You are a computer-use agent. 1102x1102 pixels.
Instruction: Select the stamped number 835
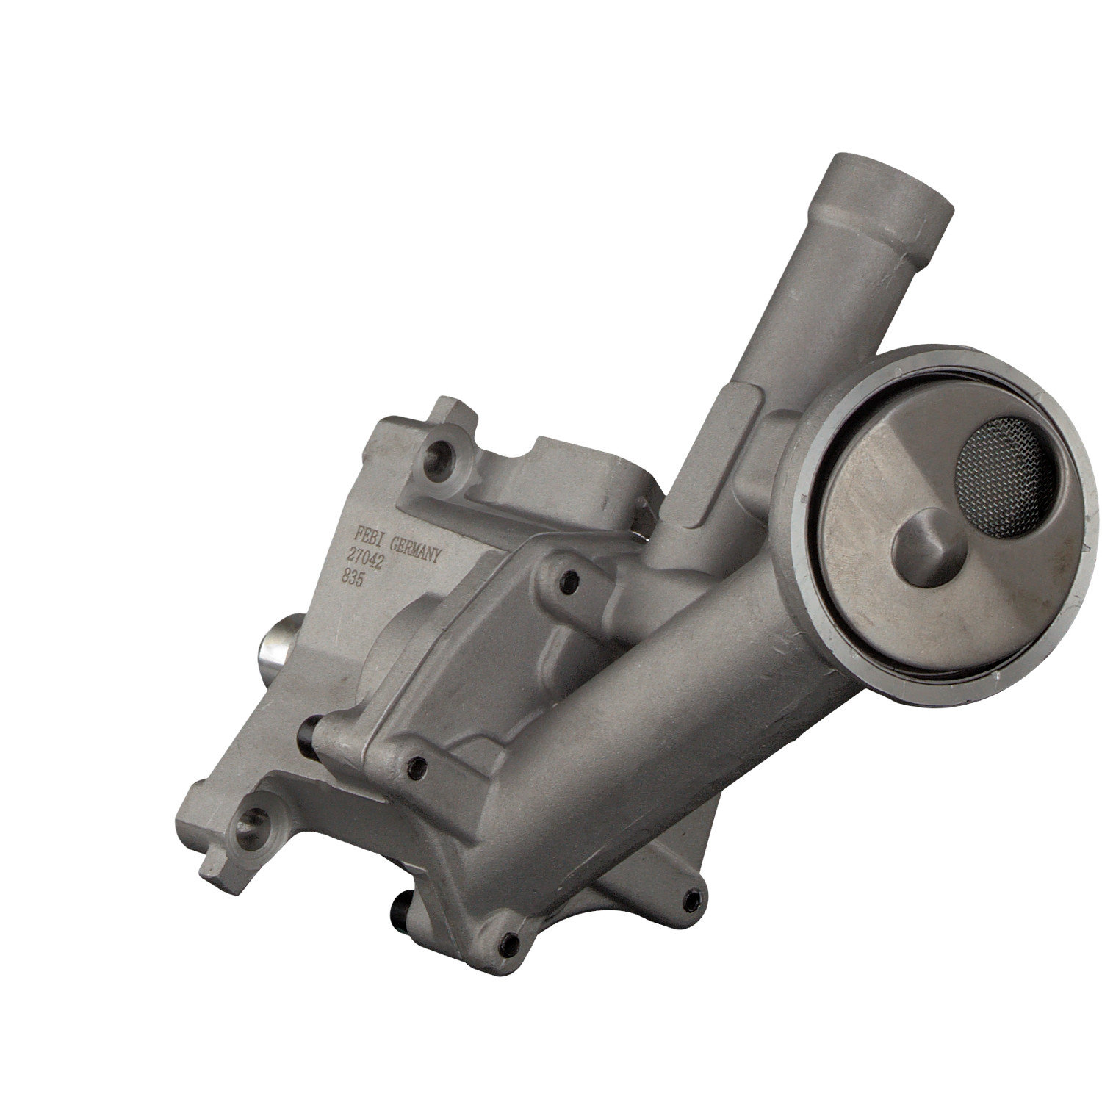354,577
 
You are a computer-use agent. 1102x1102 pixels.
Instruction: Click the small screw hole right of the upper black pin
417,768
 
